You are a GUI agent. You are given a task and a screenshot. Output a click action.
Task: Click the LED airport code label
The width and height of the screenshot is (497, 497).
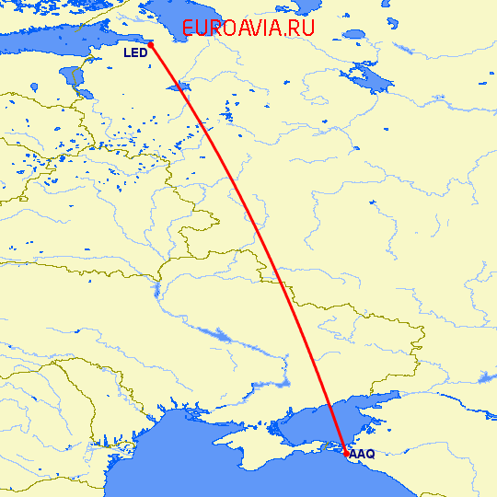[135, 53]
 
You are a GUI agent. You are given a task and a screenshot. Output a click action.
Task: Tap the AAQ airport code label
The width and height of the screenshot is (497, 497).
[362, 454]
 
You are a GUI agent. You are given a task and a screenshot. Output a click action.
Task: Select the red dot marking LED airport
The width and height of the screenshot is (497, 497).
[151, 44]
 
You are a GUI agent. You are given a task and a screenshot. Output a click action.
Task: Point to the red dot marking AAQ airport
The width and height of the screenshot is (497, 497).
[346, 454]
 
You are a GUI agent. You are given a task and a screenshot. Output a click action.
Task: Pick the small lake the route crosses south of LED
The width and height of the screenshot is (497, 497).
[179, 87]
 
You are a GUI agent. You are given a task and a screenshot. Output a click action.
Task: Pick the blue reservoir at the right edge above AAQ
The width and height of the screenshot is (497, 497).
[488, 377]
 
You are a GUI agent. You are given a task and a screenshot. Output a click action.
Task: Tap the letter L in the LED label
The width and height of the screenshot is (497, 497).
[128, 53]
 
